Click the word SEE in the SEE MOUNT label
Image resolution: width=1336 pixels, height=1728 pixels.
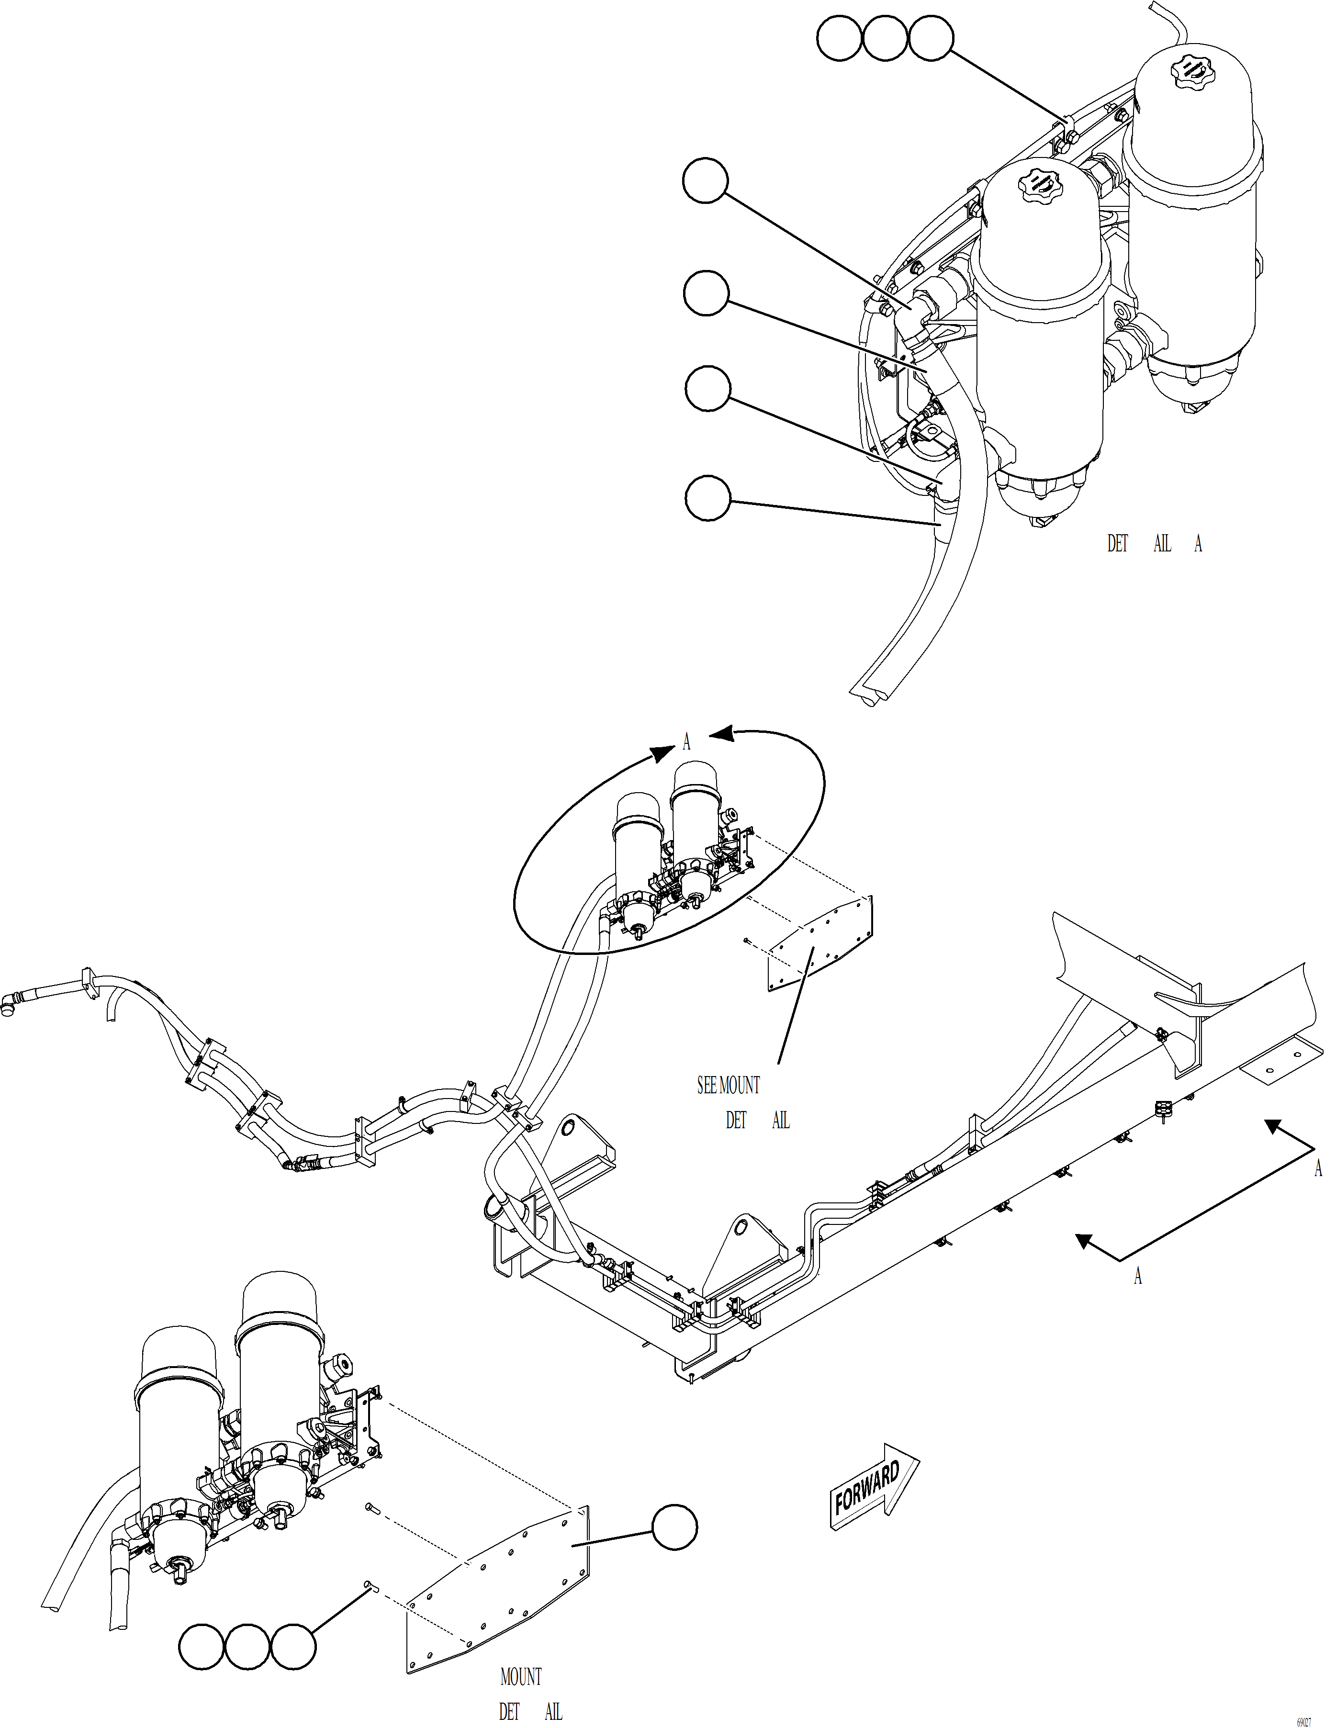[707, 1086]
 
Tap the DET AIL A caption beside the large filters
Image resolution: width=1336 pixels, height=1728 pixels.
[1153, 544]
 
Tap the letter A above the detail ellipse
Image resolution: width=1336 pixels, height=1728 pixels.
[686, 742]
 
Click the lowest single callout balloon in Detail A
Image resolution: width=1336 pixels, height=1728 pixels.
[707, 498]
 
